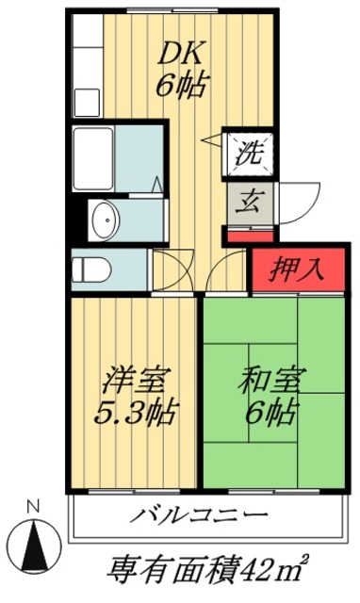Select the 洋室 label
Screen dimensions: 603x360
pos(137,382)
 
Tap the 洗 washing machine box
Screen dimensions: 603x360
pos(249,150)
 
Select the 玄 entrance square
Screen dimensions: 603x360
pos(249,201)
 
